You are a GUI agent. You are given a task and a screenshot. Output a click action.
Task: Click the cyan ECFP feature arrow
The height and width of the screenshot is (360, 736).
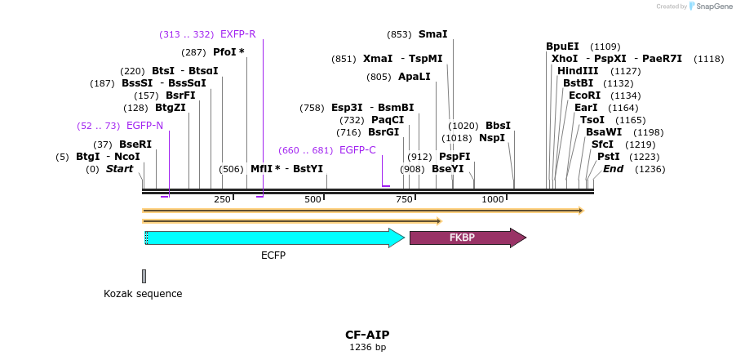coord(273,238)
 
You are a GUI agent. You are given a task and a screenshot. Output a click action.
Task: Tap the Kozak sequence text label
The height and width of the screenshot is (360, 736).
coord(143,294)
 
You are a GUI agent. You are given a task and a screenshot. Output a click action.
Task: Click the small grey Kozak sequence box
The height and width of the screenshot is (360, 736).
coord(144,276)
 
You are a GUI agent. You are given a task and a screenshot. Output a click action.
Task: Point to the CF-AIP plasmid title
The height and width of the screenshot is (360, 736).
coord(367,335)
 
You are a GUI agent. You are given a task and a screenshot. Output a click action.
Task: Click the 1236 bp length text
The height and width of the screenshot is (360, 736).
coord(367,347)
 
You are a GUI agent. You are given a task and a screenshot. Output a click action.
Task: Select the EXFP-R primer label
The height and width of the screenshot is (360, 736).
coord(237,34)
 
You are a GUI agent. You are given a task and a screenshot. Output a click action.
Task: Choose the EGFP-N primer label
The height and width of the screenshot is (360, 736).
coord(144,126)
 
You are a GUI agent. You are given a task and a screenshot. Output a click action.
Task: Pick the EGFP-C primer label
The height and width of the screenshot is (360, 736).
coord(357,150)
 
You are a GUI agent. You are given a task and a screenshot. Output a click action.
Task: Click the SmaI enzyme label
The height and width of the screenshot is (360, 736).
coord(432,34)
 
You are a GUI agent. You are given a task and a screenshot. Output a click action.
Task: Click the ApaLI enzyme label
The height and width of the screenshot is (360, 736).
coord(415,77)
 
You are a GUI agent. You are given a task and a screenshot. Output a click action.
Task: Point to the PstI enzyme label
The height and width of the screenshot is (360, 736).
coord(608,157)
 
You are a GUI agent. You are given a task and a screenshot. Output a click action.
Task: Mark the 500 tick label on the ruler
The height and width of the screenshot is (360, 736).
coord(313,200)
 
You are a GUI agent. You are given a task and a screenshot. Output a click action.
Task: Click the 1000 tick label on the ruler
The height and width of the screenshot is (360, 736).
coord(492,200)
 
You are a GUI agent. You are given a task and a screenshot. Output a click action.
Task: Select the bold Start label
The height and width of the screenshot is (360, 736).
coord(119,169)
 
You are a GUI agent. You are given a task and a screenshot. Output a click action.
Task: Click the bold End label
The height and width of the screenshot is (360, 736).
coord(613,169)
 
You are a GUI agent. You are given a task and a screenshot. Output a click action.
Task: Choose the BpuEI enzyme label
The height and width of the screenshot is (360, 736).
coord(562,47)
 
